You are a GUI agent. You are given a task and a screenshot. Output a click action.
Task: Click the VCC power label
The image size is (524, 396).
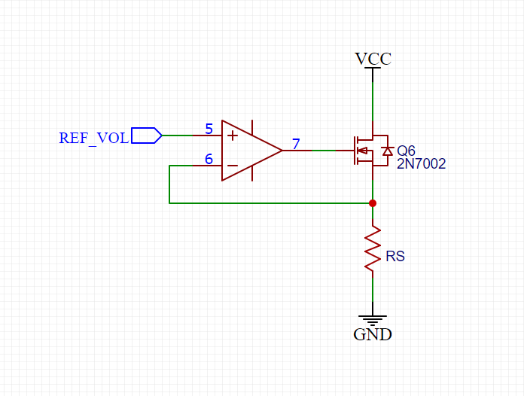[x=373, y=59]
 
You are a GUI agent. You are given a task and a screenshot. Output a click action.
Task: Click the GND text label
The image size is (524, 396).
[x=373, y=334]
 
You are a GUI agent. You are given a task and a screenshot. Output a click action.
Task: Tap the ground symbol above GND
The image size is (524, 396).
[x=373, y=319]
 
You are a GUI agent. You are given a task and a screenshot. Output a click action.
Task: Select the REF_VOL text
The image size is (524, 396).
[x=93, y=139]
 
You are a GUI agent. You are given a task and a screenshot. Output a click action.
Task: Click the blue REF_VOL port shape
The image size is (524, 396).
[x=146, y=136]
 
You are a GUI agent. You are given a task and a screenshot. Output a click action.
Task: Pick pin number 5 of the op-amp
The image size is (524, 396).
[x=209, y=129]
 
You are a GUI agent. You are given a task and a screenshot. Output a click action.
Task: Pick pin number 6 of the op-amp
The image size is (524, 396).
[x=209, y=160]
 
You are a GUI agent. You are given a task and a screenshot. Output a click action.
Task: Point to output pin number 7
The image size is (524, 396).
[x=296, y=144]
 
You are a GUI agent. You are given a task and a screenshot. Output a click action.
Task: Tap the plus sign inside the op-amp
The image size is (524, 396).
[x=233, y=136]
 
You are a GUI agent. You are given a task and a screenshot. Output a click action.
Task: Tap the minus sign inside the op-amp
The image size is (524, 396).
[x=233, y=166]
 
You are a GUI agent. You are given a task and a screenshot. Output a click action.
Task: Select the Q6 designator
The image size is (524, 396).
[x=406, y=151]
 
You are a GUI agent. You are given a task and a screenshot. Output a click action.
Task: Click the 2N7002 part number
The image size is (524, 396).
[x=421, y=163]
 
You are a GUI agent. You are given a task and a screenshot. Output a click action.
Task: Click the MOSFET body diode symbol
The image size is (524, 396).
[x=387, y=151]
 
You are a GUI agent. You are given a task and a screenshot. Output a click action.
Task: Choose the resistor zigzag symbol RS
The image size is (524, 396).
[x=373, y=251]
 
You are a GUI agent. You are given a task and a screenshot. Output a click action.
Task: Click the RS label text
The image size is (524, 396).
[x=395, y=257]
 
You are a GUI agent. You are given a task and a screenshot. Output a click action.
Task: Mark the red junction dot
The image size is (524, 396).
[x=373, y=203]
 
